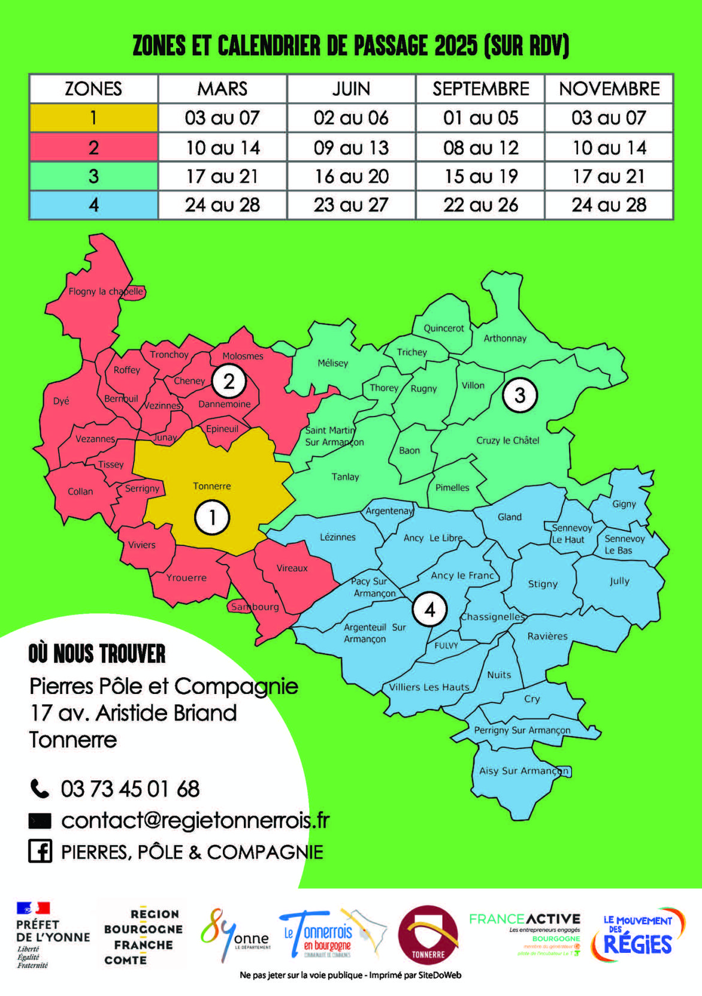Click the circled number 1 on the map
212,517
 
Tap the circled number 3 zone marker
519,396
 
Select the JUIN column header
351,89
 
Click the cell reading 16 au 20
351,176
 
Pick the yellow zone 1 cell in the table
93,117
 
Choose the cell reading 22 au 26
480,205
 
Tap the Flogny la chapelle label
105,292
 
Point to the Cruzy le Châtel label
507,440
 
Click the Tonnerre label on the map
211,486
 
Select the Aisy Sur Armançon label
524,771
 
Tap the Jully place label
619,581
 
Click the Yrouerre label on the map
186,578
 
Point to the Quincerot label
443,328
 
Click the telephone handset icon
40,789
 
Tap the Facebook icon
40,851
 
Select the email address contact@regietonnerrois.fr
195,820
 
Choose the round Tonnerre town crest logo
428,934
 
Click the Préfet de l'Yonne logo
52,935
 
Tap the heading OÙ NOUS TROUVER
97,654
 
